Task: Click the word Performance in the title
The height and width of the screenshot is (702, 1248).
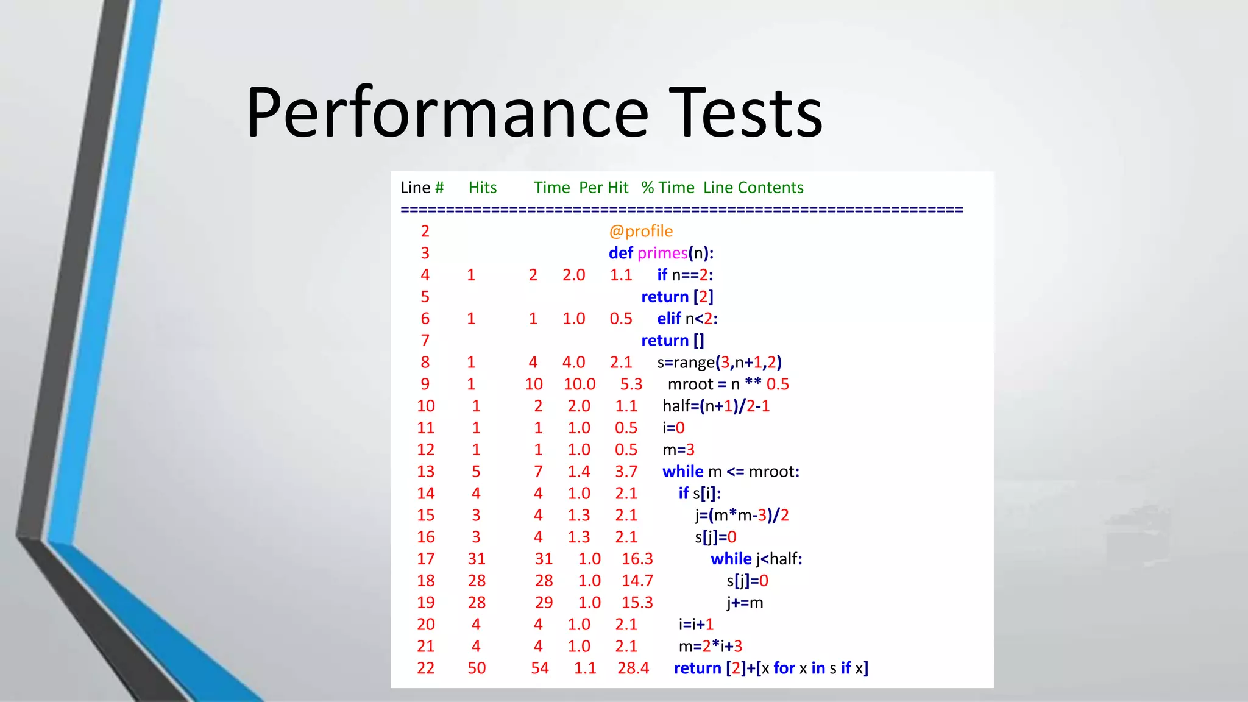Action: click(x=447, y=113)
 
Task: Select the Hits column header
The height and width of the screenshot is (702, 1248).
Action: click(x=483, y=188)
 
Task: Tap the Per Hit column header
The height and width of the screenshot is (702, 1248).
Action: click(x=603, y=188)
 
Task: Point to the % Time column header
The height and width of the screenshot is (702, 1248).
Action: click(x=668, y=188)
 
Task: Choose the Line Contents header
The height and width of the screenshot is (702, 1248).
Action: click(x=753, y=188)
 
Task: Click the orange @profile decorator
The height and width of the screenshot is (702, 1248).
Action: click(x=640, y=232)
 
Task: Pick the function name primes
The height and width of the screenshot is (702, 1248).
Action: click(x=662, y=253)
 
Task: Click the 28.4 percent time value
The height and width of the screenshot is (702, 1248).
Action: click(x=633, y=668)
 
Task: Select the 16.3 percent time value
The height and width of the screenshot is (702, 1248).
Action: click(x=637, y=559)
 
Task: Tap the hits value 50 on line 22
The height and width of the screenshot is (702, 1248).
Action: click(x=477, y=668)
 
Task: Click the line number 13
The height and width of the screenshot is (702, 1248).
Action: click(x=425, y=472)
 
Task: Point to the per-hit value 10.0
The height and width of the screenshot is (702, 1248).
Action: click(x=579, y=385)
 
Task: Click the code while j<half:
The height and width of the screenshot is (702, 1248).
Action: click(x=756, y=559)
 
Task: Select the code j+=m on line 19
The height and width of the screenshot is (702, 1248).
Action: click(x=745, y=603)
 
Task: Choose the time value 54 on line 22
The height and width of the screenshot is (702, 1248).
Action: click(x=540, y=668)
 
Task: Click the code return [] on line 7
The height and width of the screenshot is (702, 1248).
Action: click(x=672, y=341)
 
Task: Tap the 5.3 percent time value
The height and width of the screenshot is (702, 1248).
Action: click(x=631, y=385)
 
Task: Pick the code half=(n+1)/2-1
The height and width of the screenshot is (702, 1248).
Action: click(x=716, y=406)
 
